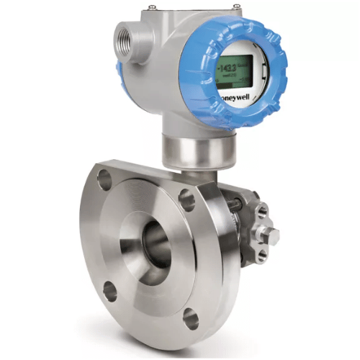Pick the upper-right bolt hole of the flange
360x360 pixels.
187,199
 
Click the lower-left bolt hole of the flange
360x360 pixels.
109,291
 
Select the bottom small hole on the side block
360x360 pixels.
261,254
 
